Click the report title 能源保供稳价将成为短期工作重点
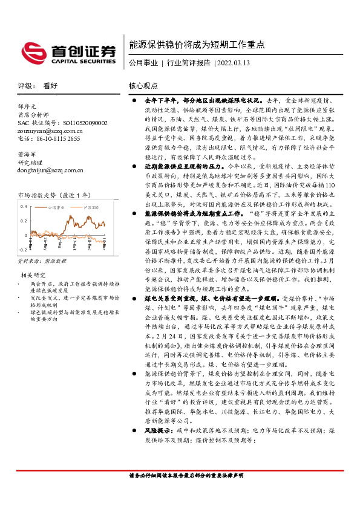(x=197, y=44)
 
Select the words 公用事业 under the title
(x=143, y=62)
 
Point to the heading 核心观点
(x=143, y=86)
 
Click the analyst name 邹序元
(x=28, y=106)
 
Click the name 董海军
(x=28, y=155)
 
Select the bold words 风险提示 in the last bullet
(x=160, y=447)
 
